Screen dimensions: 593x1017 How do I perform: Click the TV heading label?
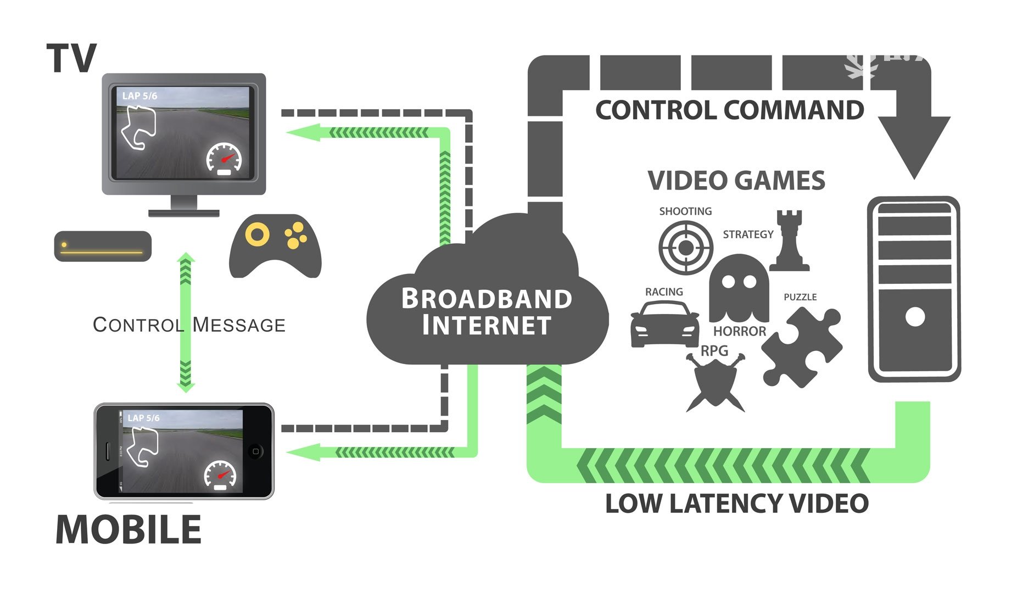pyautogui.click(x=71, y=58)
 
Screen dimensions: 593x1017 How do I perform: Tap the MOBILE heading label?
pyautogui.click(x=128, y=530)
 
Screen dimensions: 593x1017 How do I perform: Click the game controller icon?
pyautogui.click(x=275, y=245)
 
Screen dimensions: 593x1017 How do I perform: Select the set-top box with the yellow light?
pyautogui.click(x=103, y=246)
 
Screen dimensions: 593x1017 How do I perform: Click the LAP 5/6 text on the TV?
pyautogui.click(x=139, y=96)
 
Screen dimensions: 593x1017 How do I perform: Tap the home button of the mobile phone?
pyautogui.click(x=255, y=451)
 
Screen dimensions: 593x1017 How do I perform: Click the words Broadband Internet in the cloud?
pyautogui.click(x=487, y=311)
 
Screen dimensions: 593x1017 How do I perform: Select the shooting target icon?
pyautogui.click(x=685, y=248)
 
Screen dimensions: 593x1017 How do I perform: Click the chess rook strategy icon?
pyautogui.click(x=789, y=241)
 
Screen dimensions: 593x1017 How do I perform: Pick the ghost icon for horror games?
pyautogui.click(x=739, y=288)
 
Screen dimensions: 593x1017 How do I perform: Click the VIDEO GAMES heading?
pyautogui.click(x=736, y=181)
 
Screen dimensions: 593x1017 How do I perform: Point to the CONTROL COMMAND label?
pyautogui.click(x=729, y=110)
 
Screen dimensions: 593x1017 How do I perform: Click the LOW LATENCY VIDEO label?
pyautogui.click(x=736, y=504)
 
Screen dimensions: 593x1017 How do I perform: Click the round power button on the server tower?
pyautogui.click(x=915, y=317)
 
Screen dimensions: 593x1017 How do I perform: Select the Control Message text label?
pyautogui.click(x=189, y=325)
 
